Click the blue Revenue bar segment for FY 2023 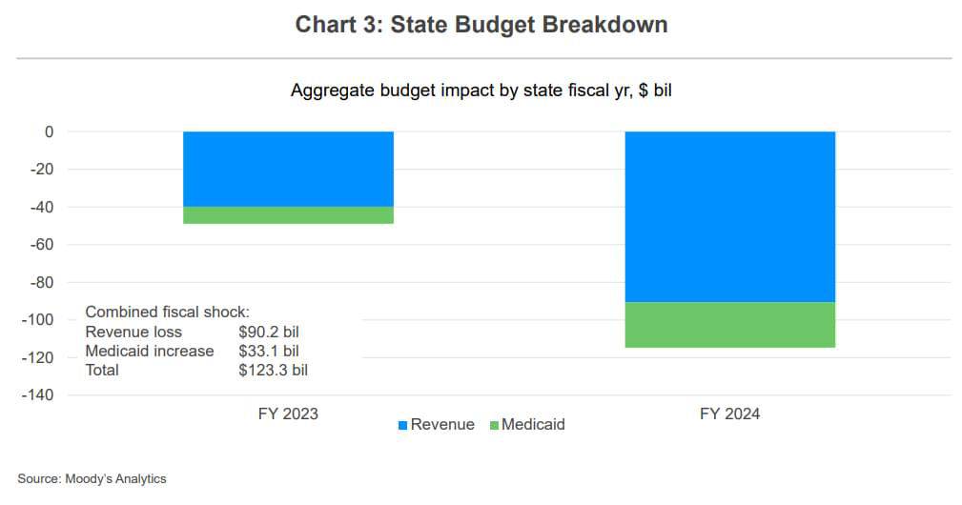(288, 169)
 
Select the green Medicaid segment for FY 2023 (288, 215)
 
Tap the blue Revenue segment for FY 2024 (729, 216)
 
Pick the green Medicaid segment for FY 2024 (729, 325)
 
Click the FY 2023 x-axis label (288, 414)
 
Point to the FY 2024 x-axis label (729, 414)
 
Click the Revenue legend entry (436, 425)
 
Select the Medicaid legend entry (526, 425)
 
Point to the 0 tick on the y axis (49, 131)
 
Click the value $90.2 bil (269, 332)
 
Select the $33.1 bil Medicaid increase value (269, 351)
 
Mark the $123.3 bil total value (273, 370)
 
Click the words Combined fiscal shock (167, 313)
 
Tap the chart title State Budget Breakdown (481, 25)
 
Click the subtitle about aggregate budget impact (481, 91)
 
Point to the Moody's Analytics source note (92, 479)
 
